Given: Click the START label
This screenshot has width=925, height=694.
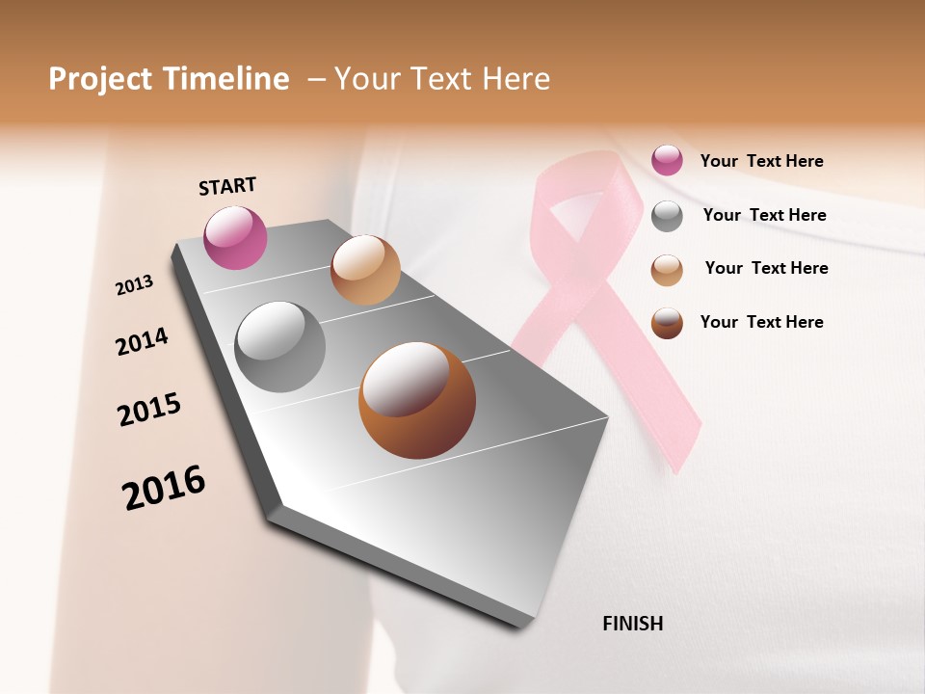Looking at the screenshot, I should pos(227,186).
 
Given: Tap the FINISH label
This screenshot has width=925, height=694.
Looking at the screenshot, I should pos(632,624).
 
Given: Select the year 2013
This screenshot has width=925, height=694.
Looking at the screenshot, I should pos(134,285).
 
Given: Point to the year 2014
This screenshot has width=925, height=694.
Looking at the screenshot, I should pos(142,341).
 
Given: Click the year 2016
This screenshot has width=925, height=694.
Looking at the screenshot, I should pos(164,488).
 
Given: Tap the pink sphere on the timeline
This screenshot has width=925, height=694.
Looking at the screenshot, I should pos(236,237).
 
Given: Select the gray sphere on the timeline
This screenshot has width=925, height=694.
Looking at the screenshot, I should pos(280,347).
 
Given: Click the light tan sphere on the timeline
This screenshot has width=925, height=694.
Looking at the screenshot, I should pos(365,270).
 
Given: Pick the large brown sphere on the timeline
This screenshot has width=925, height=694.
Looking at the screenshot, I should pos(416,400).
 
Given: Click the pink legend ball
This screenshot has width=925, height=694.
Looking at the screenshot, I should pos(667,160).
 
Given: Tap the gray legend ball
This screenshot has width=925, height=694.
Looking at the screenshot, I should pos(667,216).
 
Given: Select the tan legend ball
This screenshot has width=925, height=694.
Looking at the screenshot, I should pos(667,270).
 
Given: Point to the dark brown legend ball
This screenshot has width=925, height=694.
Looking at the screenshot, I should pos(667,323).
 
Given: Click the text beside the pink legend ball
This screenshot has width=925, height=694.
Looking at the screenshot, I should pos(761,161).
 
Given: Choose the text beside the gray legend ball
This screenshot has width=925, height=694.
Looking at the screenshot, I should pos(764,215).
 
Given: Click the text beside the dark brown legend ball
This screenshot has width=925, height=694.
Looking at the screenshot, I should pos(761,322).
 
